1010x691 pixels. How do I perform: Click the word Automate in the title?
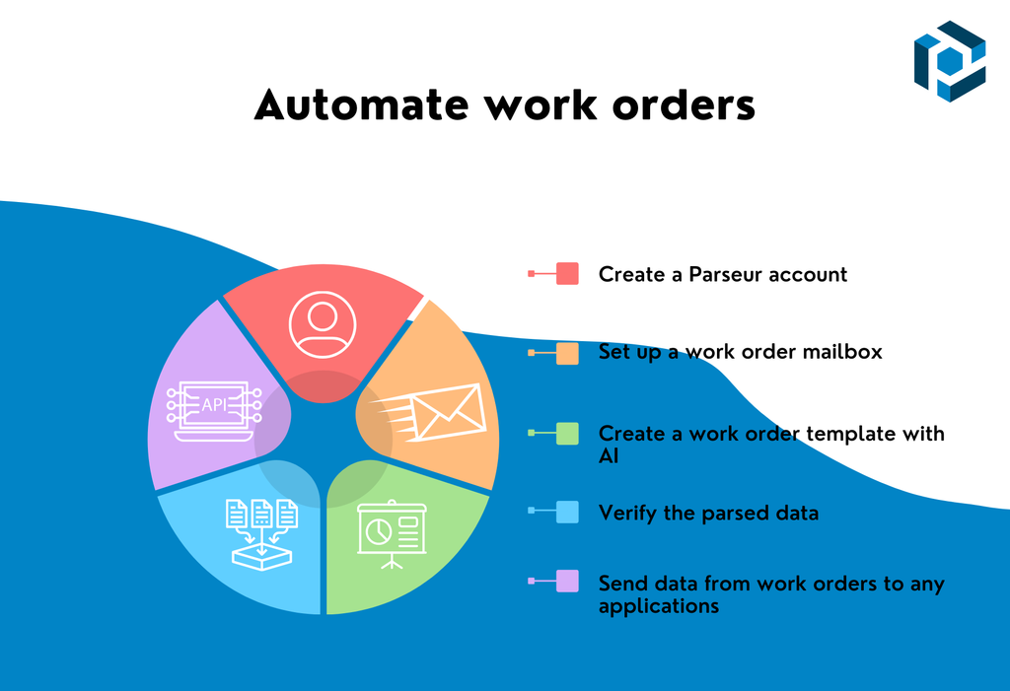(x=348, y=105)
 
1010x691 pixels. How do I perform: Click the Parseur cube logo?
(x=949, y=60)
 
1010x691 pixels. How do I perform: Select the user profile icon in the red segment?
(x=321, y=324)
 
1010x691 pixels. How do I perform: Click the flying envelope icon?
(x=435, y=412)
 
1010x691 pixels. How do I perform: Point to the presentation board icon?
(x=392, y=533)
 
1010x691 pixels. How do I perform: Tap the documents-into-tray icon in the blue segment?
(x=262, y=533)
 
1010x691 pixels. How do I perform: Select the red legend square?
(x=567, y=274)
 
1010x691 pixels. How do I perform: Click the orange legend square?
(x=567, y=353)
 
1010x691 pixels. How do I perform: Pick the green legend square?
(x=567, y=434)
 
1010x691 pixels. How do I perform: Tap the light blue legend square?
(x=567, y=513)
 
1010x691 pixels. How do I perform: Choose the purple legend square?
(x=567, y=583)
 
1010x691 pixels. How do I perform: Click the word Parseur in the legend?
(x=725, y=274)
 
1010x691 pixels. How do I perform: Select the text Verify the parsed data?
(x=708, y=513)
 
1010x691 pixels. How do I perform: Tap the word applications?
(x=658, y=606)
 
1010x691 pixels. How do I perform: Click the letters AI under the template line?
(x=608, y=456)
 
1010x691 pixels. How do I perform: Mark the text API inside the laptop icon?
(x=214, y=404)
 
